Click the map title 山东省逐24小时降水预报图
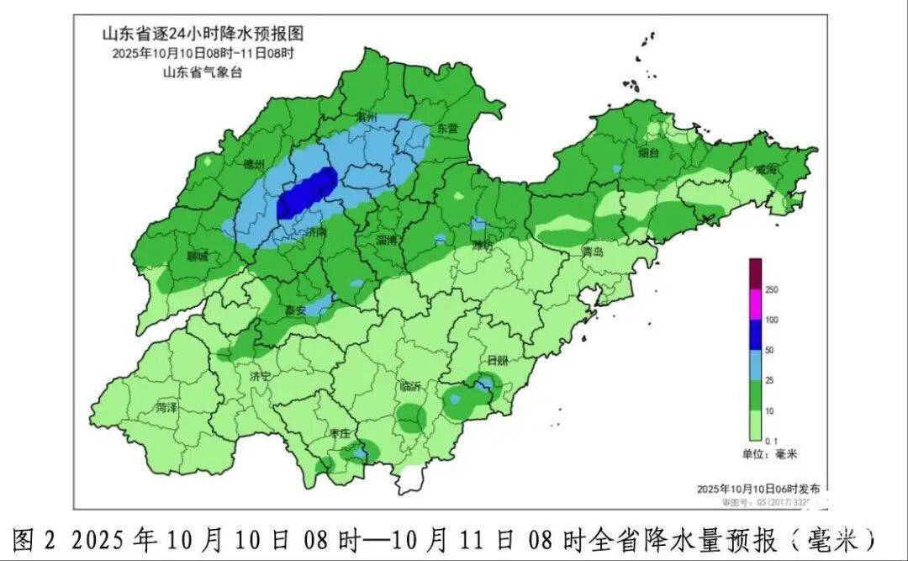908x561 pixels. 202,34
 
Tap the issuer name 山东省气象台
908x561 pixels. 202,71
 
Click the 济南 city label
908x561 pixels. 317,230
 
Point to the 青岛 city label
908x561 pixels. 594,251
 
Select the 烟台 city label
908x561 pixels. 648,153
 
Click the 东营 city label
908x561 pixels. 447,129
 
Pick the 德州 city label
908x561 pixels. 254,164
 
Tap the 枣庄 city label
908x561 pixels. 340,433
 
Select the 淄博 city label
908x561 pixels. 387,240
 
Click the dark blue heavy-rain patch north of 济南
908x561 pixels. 307,193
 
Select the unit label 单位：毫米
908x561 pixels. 768,454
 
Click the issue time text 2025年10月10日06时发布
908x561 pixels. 758,489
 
